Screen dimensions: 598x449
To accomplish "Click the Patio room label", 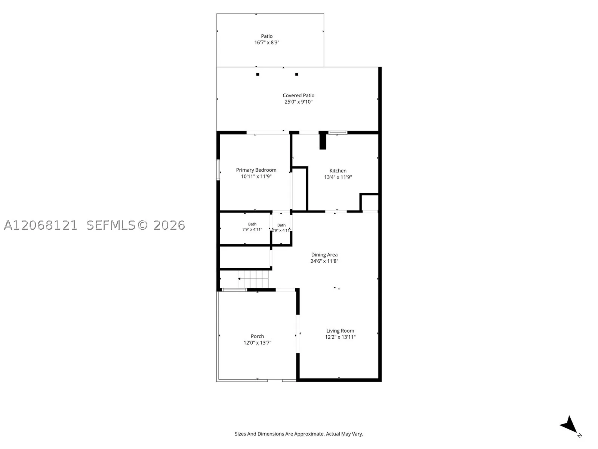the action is [x=267, y=36].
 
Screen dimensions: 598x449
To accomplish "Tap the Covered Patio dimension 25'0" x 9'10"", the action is [x=299, y=102].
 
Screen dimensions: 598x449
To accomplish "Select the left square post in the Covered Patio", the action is [x=258, y=74].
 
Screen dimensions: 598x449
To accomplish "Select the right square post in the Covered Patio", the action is [x=297, y=74].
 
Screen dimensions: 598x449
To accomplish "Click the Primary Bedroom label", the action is [x=256, y=170].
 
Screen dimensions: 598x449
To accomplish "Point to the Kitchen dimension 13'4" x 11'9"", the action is [x=338, y=177].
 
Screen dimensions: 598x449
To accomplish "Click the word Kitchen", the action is [x=338, y=171].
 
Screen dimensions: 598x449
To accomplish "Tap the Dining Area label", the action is [x=324, y=255].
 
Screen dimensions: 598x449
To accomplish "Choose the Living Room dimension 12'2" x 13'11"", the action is [x=340, y=337].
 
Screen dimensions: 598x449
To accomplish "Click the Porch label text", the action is [x=258, y=336].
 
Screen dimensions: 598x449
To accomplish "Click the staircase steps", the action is [x=253, y=279].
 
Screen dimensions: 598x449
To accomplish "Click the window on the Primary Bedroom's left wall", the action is [x=218, y=170].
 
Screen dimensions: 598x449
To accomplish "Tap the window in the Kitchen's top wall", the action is [x=337, y=133].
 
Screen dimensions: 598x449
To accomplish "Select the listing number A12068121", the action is [x=40, y=225].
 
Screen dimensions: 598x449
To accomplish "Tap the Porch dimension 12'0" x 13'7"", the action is [x=258, y=343].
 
